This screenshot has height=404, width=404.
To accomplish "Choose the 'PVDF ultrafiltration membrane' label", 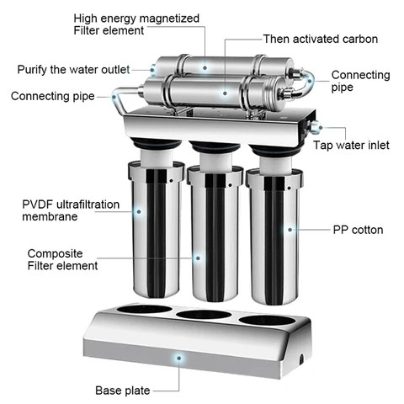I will pyautogui.click(x=64, y=210).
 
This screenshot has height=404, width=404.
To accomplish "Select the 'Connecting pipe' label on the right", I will pyautogui.click(x=359, y=82).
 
